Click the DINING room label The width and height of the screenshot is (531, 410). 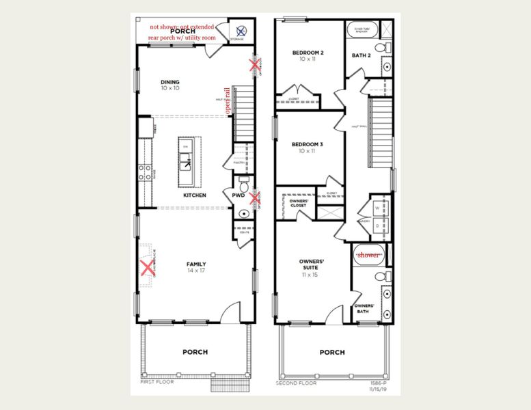tap(170, 82)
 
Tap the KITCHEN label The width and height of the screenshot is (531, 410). tap(195, 195)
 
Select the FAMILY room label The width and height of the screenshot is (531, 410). tap(196, 264)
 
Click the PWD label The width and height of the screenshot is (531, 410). tap(239, 195)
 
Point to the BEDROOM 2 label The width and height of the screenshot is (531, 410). tap(308, 53)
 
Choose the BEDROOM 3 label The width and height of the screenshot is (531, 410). tap(308, 144)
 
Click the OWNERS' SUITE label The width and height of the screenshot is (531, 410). tap(311, 262)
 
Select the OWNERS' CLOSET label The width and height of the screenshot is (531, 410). tap(294, 202)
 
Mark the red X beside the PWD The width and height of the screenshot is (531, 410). tap(255, 199)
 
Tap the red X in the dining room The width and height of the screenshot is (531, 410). tap(255, 66)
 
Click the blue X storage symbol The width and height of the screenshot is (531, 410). tap(242, 30)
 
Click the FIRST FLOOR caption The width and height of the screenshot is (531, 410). tap(156, 382)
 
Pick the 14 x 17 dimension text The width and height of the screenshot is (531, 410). tap(196, 271)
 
